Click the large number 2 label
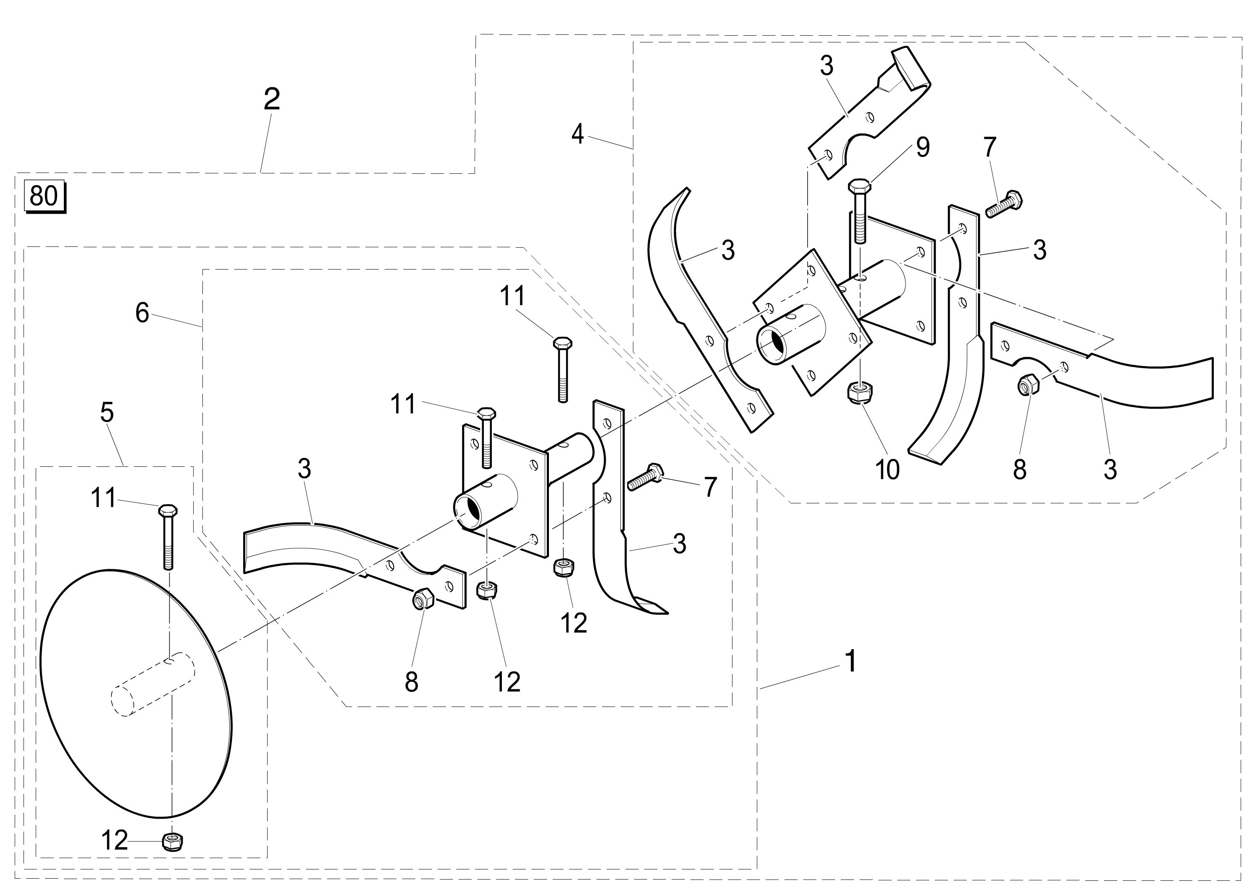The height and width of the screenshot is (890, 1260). (272, 99)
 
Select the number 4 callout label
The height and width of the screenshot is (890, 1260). (577, 134)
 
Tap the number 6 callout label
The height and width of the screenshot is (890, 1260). (142, 313)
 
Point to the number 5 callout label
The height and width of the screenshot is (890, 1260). (107, 412)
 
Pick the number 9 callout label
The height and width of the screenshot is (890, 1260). (922, 147)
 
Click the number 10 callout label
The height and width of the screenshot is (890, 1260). (887, 469)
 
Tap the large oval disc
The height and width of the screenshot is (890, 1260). (137, 696)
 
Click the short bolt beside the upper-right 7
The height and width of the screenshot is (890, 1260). (1004, 204)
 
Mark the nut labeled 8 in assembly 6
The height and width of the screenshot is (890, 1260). (423, 598)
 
